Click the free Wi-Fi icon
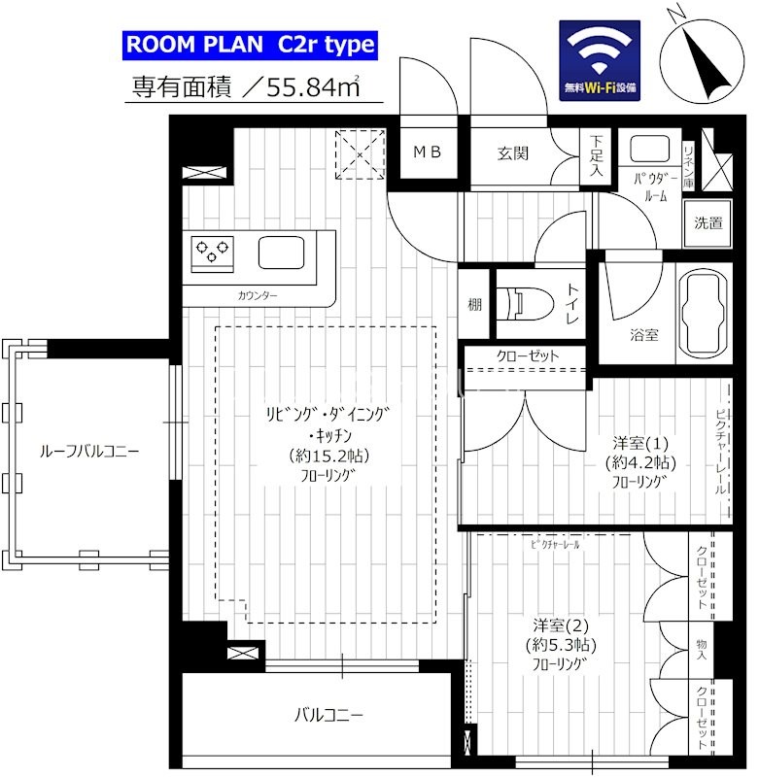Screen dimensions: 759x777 pyautogui.click(x=600, y=60)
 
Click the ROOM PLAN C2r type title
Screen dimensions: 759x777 pyautogui.click(x=250, y=45)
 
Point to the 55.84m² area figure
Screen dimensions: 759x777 pyautogui.click(x=313, y=87)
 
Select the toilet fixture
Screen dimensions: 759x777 pyautogui.click(x=527, y=304)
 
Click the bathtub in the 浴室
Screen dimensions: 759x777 pyautogui.click(x=704, y=313)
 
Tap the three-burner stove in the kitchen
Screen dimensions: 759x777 pyautogui.click(x=212, y=253)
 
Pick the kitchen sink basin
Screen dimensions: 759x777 pyautogui.click(x=281, y=253)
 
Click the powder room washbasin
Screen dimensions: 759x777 pyautogui.click(x=649, y=149)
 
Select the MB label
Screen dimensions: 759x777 pyautogui.click(x=428, y=152)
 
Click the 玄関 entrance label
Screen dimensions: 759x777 pyautogui.click(x=512, y=153)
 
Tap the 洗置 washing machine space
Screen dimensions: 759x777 pyautogui.click(x=707, y=223)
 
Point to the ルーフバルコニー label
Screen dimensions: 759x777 pyautogui.click(x=89, y=452)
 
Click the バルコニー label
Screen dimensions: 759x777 pyautogui.click(x=328, y=715)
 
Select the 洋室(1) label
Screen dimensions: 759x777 pyautogui.click(x=640, y=443)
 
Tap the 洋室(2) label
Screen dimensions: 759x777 pyautogui.click(x=561, y=625)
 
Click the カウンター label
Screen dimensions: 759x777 pyautogui.click(x=258, y=296)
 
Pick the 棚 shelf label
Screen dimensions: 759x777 pyautogui.click(x=475, y=304)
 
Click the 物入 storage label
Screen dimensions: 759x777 pyautogui.click(x=702, y=650)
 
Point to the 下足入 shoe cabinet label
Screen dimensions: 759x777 pyautogui.click(x=597, y=155)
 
